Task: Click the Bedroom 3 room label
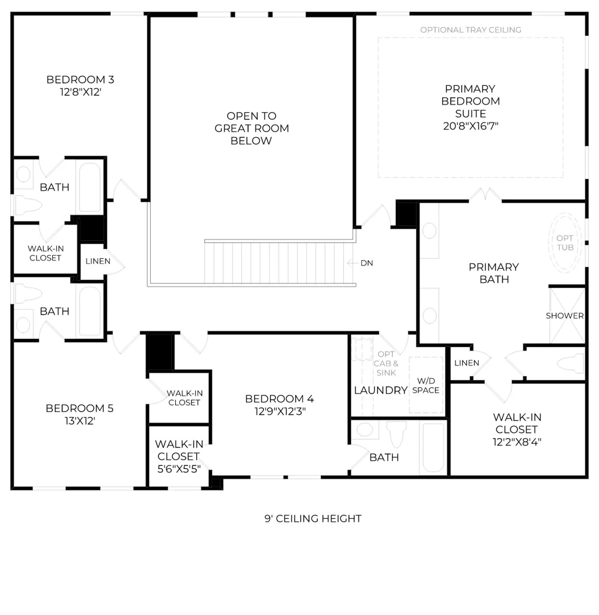[80, 79]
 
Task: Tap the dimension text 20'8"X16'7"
[471, 126]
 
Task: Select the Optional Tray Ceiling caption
[471, 30]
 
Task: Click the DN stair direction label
[367, 263]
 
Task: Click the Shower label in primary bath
[565, 316]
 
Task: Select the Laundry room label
[381, 390]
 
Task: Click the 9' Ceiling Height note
[313, 518]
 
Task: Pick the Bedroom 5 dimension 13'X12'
[80, 421]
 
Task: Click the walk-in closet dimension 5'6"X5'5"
[179, 469]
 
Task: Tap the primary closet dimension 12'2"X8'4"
[517, 442]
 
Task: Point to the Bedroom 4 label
[279, 399]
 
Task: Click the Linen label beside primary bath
[466, 363]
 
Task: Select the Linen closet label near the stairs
[98, 261]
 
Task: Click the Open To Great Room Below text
[252, 128]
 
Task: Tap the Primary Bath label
[494, 273]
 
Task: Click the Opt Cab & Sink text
[386, 363]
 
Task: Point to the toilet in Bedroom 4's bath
[396, 434]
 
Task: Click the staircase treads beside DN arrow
[279, 263]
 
